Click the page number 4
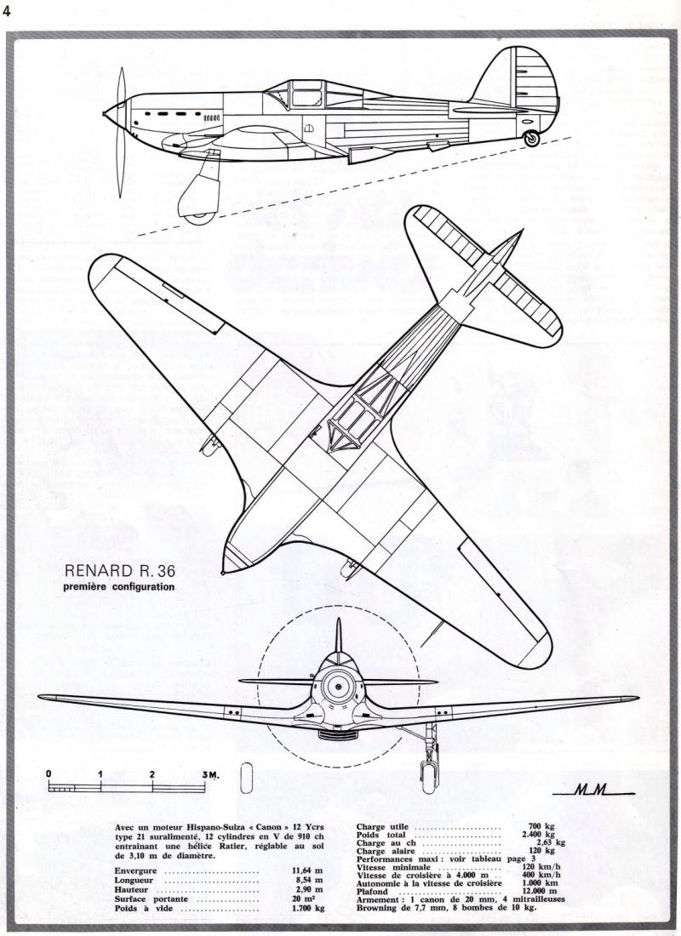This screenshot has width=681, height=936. pyautogui.click(x=7, y=11)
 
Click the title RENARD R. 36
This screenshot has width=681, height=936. pyautogui.click(x=120, y=571)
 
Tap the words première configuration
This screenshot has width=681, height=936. pyautogui.click(x=119, y=587)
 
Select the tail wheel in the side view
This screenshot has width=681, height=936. pyautogui.click(x=531, y=139)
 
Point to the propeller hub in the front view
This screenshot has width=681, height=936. pyautogui.click(x=338, y=687)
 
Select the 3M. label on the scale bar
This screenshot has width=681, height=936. pyautogui.click(x=211, y=775)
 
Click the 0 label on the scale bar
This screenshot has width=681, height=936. pyautogui.click(x=49, y=774)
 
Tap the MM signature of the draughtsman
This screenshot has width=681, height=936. pyautogui.click(x=592, y=791)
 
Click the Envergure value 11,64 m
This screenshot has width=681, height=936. pyautogui.click(x=312, y=870)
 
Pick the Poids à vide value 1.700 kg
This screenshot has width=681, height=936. pyautogui.click(x=309, y=908)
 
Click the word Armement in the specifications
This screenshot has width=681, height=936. pyautogui.click(x=377, y=899)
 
